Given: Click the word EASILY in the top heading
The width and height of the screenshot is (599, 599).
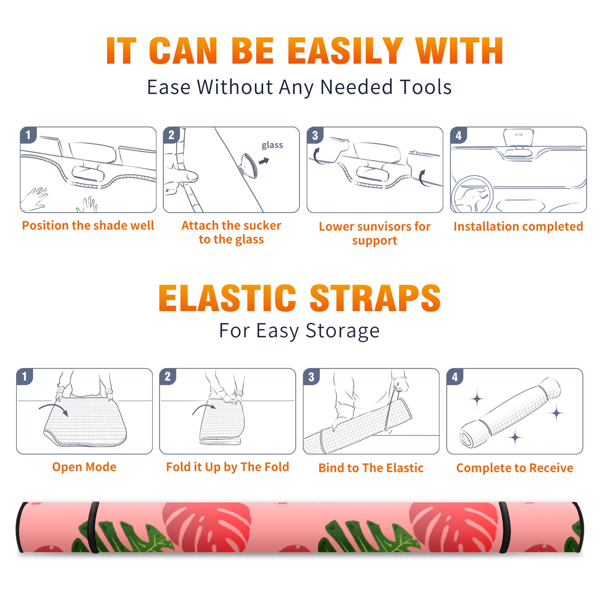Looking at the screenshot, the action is point(345,51).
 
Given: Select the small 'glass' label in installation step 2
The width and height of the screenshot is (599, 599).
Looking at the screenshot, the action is point(272,145).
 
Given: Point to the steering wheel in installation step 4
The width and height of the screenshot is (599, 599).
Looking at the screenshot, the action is point(472,195).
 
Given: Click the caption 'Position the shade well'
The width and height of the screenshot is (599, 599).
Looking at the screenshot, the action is point(88,225).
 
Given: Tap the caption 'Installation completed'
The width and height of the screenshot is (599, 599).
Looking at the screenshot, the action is point(518,226).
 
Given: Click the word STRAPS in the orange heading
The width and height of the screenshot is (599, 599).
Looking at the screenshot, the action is point(375,298).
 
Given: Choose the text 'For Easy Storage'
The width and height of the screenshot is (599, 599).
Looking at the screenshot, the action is point(299,331).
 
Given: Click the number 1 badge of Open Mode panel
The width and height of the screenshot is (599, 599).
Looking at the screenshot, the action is point(25,377).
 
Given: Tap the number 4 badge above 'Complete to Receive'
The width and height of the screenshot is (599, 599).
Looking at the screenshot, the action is point(455,377).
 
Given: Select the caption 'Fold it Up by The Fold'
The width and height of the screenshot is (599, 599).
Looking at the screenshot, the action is point(228,467).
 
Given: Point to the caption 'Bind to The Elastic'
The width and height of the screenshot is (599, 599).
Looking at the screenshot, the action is point(371,468).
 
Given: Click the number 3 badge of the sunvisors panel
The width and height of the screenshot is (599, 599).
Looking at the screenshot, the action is point(315,135).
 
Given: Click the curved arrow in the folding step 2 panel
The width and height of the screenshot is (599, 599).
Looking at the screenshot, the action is point(204,409).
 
